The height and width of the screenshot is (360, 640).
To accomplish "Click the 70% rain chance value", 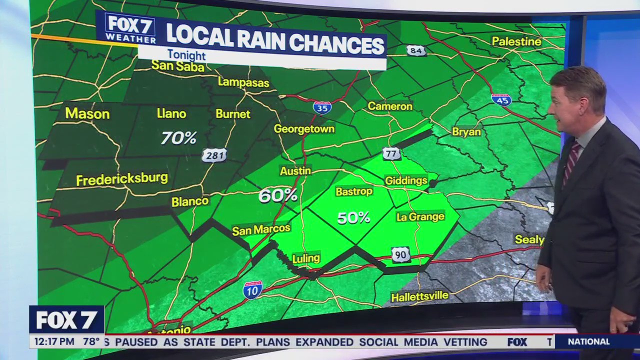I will click(x=178, y=137).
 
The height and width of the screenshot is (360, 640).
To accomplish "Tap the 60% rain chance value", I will click(x=277, y=195).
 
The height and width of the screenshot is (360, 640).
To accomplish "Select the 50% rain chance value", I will click(x=353, y=217).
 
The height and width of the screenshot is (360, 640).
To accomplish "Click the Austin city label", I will click(x=295, y=171).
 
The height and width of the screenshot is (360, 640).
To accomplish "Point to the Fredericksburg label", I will click(x=121, y=179).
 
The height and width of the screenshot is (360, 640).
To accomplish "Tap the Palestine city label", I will click(x=516, y=41).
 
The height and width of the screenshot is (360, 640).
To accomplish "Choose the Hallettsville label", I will click(x=419, y=296).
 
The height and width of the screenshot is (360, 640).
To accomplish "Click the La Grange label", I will click(x=420, y=217).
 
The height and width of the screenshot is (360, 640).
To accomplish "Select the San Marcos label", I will click(x=261, y=229).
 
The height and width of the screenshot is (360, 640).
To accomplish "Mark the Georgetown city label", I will click(x=304, y=129).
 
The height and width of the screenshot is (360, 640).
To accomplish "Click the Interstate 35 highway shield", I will click(x=322, y=107).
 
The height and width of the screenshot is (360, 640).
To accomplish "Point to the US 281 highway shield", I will click(x=214, y=155).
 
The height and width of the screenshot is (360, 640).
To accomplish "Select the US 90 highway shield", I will click(x=400, y=254).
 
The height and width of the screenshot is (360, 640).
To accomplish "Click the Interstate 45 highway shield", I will click(x=501, y=99).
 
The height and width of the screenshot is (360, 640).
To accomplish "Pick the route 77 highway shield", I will click(x=391, y=153).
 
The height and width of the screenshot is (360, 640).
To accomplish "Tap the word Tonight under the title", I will click(x=186, y=55).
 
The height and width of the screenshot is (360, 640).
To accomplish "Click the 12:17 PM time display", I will click(x=52, y=342).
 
